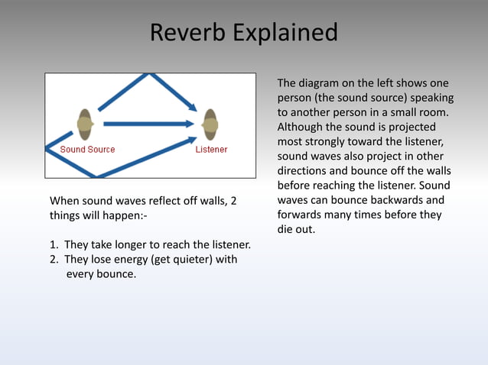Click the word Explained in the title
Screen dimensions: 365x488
286,33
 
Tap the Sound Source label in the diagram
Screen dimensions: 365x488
87,150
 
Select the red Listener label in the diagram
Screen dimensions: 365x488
211,150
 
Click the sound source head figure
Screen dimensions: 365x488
85,124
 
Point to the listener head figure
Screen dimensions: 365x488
209,124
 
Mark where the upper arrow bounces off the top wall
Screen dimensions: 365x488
151,75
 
